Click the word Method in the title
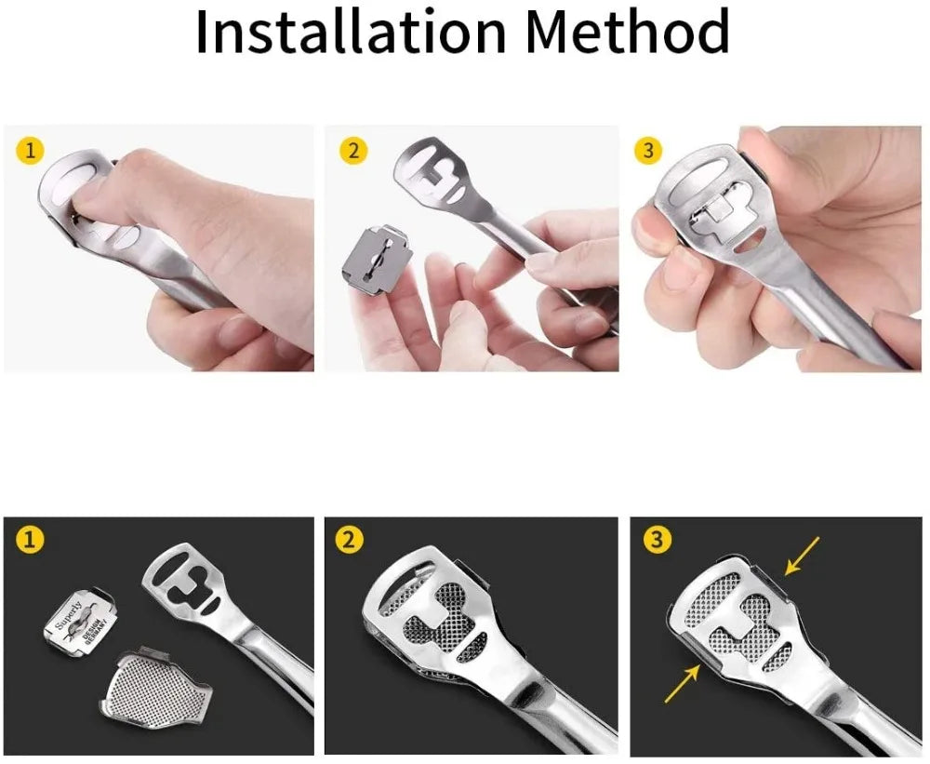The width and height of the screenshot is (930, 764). (627, 33)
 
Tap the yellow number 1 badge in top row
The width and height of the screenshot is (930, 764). (31, 150)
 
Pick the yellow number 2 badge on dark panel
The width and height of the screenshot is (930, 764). (348, 539)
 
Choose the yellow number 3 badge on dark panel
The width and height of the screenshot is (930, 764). (657, 539)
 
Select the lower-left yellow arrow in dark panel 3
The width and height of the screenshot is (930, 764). (682, 687)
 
